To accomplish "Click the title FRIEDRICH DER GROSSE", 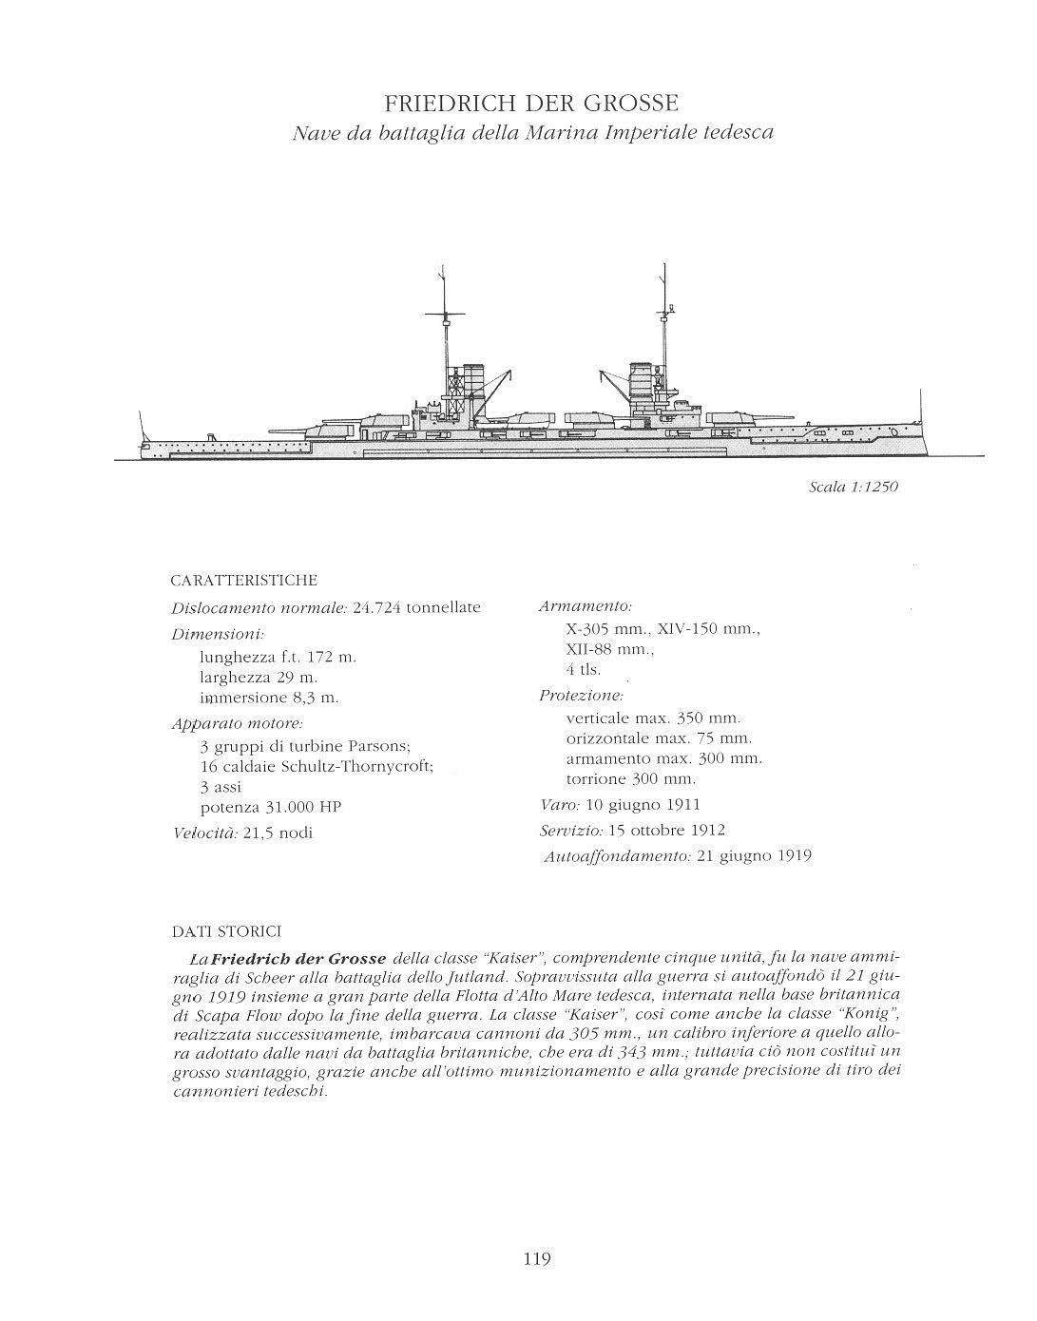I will click(531, 103).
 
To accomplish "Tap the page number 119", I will click(537, 1259).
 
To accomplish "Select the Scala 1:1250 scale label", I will click(854, 488).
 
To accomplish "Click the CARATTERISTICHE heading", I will click(243, 580).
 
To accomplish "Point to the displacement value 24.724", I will click(377, 607).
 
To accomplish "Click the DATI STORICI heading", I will click(225, 931).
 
